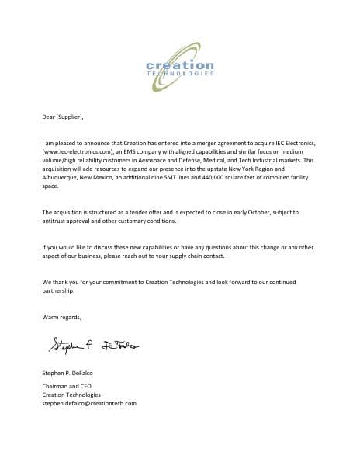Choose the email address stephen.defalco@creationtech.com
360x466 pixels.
89,403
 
